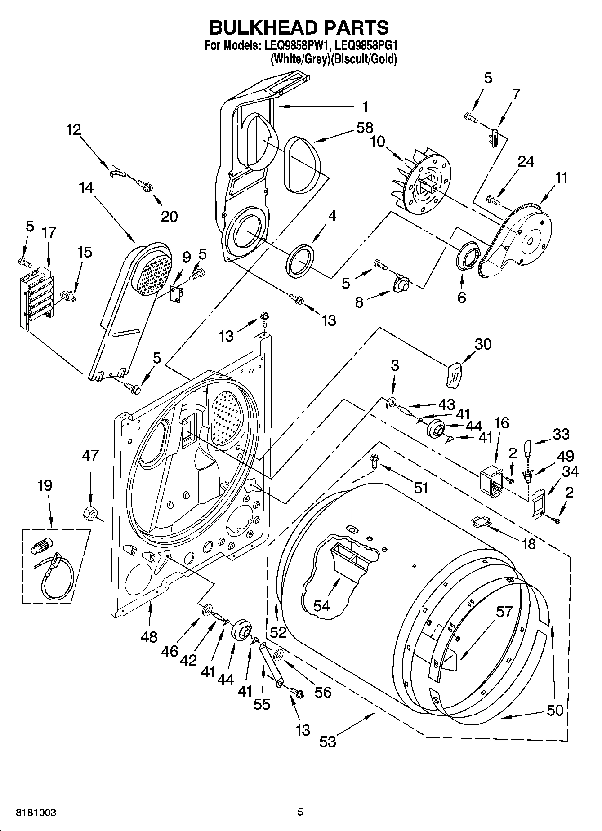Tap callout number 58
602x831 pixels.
point(365,128)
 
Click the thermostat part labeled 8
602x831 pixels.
point(401,284)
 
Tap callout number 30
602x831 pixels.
point(483,344)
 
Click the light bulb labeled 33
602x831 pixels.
point(528,448)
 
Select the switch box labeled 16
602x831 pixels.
point(491,481)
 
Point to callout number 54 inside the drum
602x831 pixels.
point(322,605)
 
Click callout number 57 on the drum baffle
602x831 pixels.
point(504,611)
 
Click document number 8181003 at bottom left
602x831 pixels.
point(36,812)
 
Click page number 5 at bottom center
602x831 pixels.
point(300,812)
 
